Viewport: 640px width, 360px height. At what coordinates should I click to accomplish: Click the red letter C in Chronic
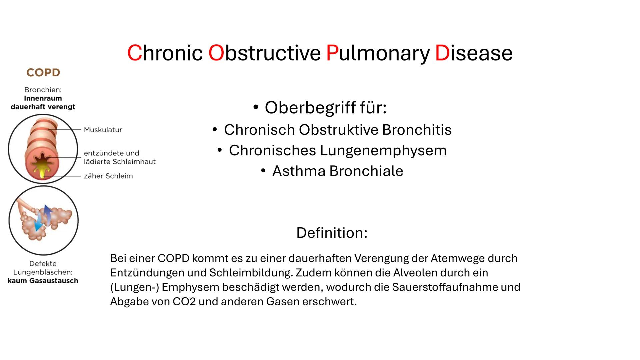[135, 53]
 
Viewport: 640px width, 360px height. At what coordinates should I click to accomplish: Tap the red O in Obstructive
[216, 53]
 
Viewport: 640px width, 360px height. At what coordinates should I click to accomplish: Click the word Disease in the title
[474, 53]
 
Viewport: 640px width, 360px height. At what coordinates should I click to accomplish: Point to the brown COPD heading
[43, 73]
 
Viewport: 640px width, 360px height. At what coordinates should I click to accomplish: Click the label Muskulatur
[103, 130]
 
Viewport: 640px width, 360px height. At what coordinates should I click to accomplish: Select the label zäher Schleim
[108, 176]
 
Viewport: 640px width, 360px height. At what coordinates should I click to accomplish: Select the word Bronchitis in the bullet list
[417, 130]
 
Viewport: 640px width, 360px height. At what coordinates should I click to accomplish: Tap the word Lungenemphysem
[383, 150]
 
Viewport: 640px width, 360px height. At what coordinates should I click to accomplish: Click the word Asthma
[299, 171]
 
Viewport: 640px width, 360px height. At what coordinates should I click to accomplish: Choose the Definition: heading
[332, 233]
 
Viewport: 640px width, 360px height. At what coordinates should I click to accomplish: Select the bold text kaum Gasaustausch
[43, 281]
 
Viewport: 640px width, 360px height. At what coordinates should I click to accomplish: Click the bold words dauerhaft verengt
[43, 107]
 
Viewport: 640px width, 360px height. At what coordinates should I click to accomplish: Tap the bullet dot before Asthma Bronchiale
[263, 171]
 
